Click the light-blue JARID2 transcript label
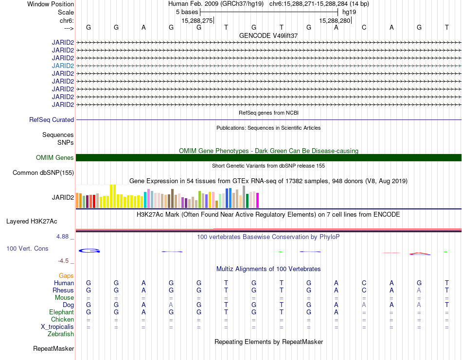[63, 66]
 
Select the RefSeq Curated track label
[52, 120]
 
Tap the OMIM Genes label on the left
[55, 157]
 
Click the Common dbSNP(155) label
[43, 173]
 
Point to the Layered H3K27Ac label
[32, 222]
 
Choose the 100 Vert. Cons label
[27, 248]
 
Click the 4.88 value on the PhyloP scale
[62, 237]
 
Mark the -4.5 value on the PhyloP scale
[63, 261]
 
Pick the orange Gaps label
[66, 275]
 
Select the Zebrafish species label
[61, 334]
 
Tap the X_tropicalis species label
[57, 327]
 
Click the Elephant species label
[61, 312]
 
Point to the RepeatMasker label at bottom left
[53, 348]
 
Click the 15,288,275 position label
[197, 20]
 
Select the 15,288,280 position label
[335, 20]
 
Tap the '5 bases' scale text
[187, 12]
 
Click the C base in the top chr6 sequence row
[364, 27]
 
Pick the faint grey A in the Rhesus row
[419, 290]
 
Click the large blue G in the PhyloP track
[89, 251]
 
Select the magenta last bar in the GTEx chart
[258, 201]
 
